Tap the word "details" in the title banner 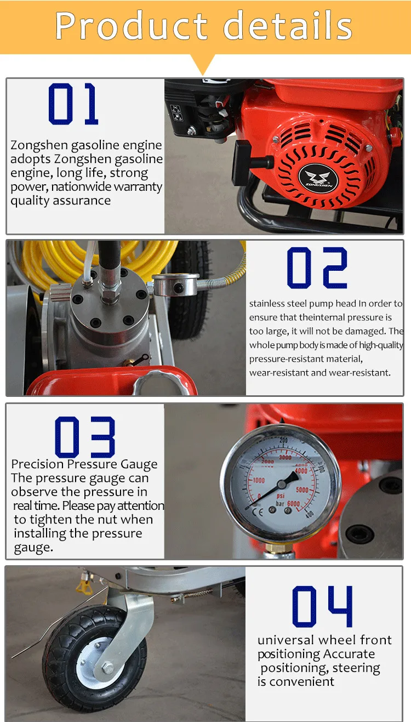[x=288, y=25]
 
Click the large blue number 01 [x=73, y=104]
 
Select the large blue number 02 [x=317, y=268]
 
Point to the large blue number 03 [x=85, y=437]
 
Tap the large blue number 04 [x=322, y=606]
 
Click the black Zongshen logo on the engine [x=318, y=178]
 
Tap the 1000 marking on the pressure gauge [x=259, y=480]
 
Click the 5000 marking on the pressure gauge [x=302, y=490]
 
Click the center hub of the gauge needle [x=282, y=484]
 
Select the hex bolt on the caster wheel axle [x=107, y=668]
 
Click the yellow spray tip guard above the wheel [x=83, y=587]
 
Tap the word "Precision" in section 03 [x=38, y=464]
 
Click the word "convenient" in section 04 [x=302, y=682]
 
